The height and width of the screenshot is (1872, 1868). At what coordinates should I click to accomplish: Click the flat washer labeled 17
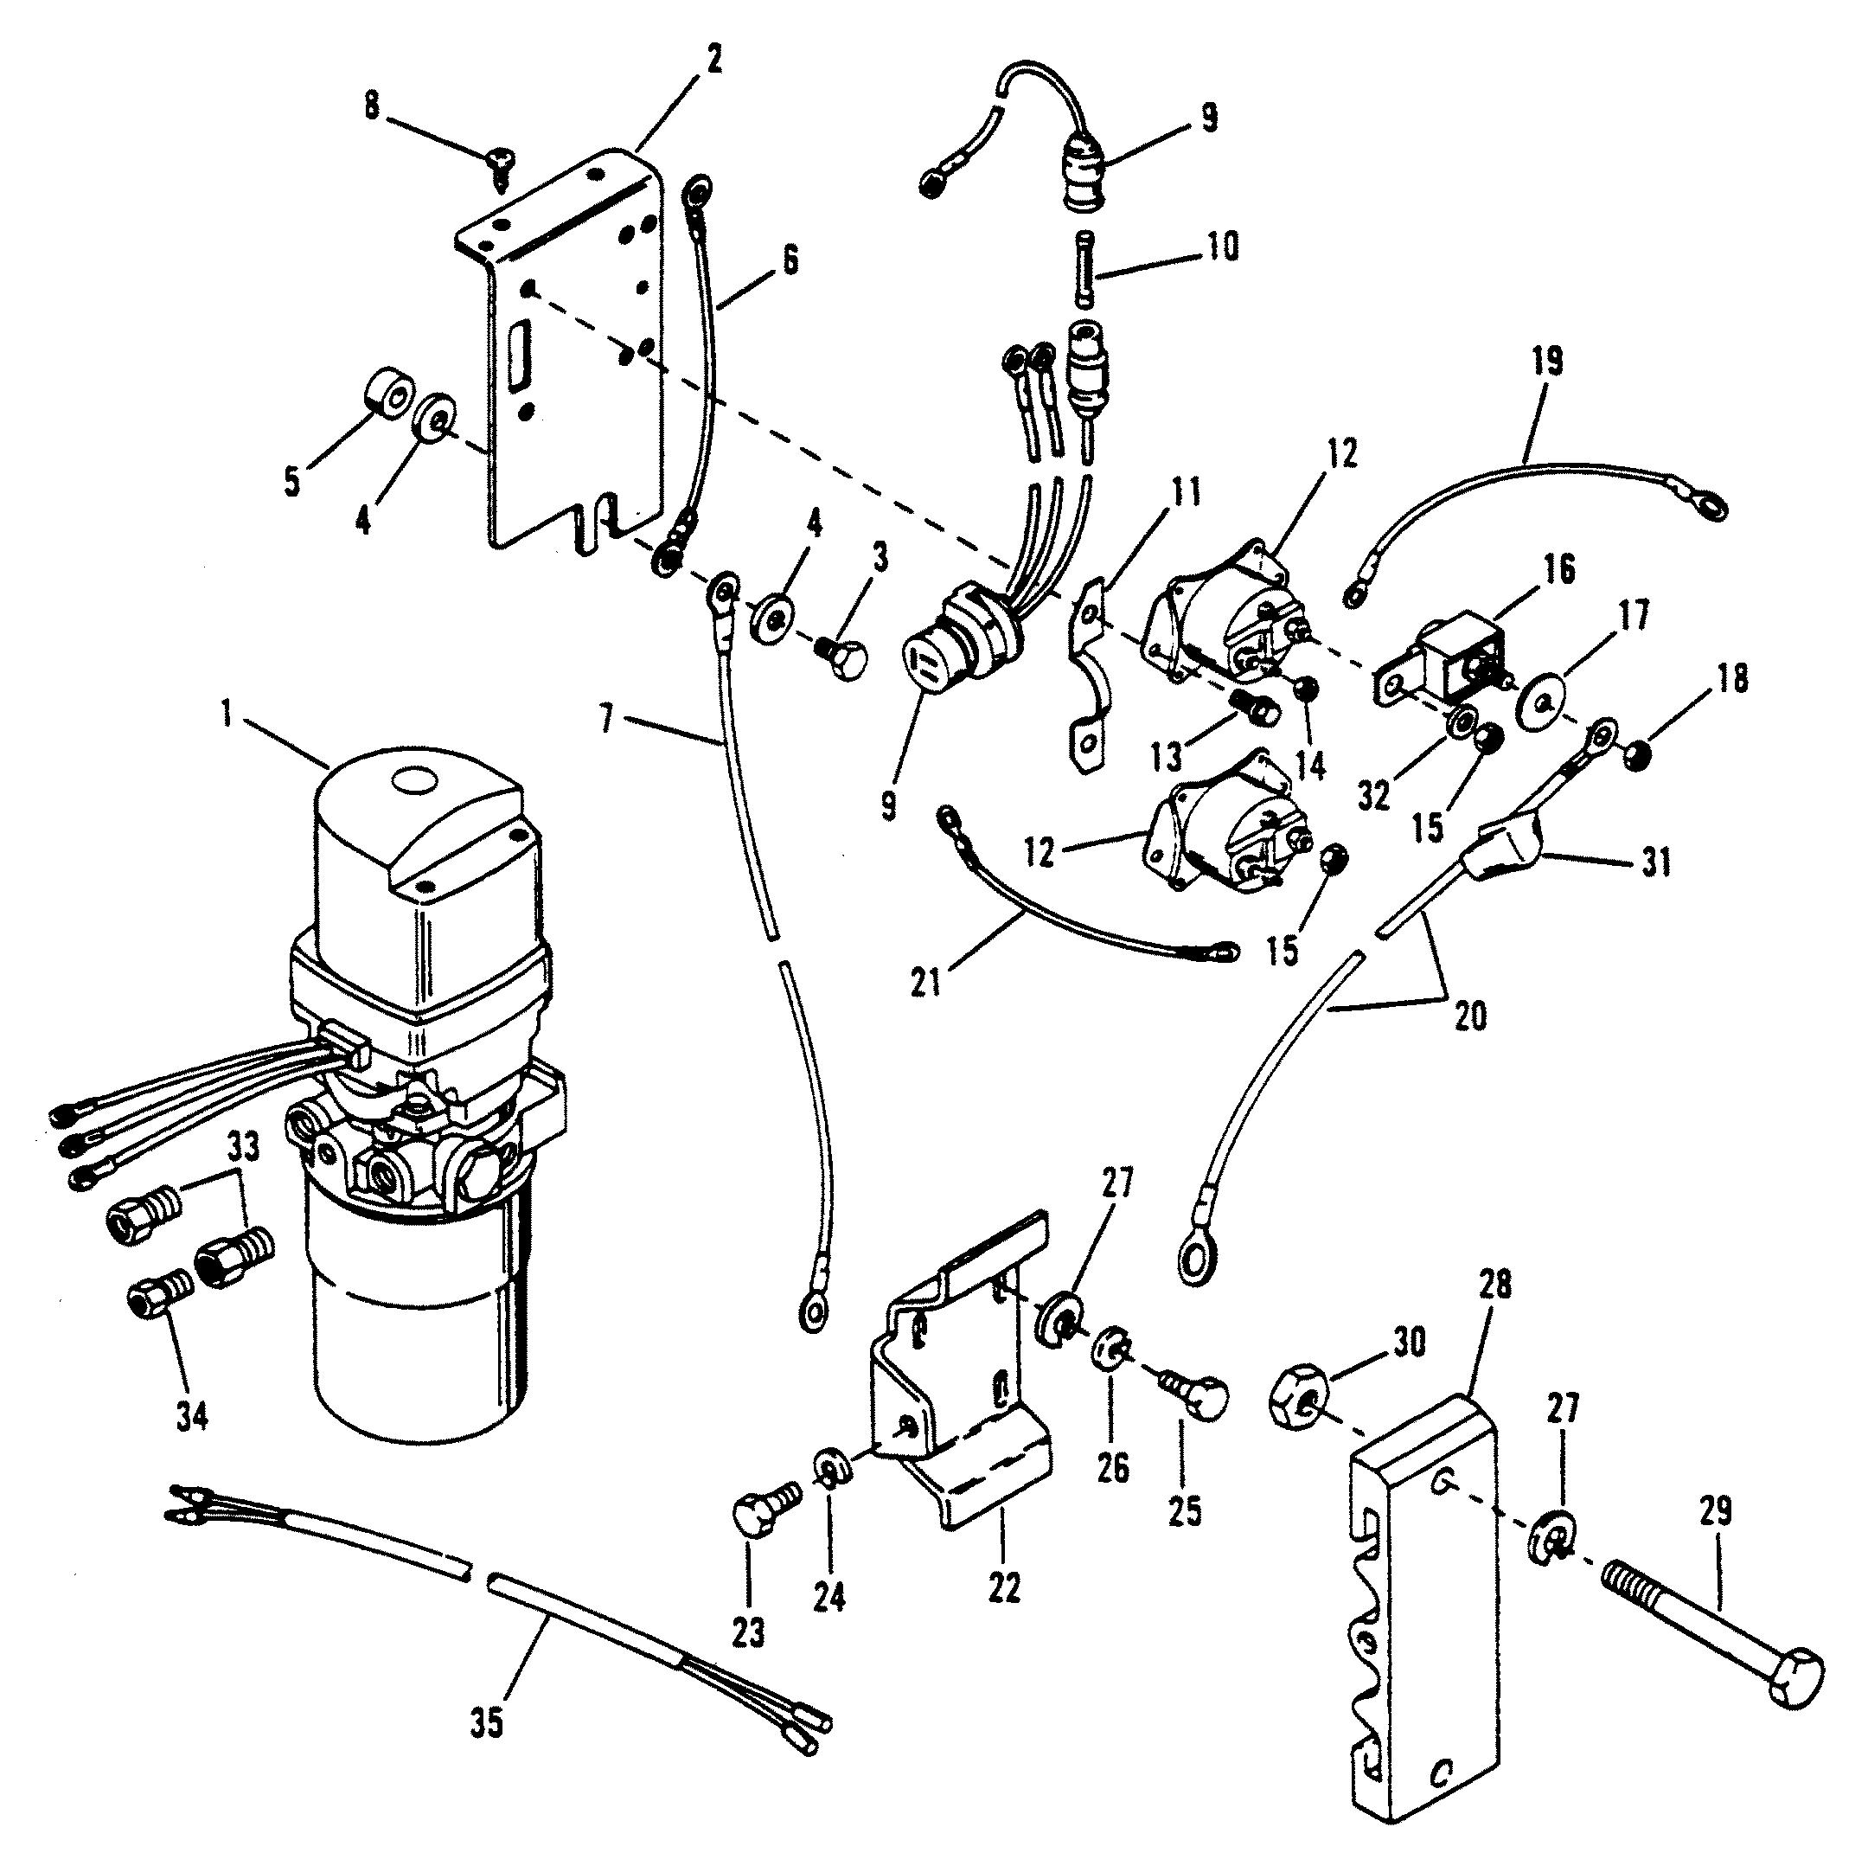click(x=1546, y=699)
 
